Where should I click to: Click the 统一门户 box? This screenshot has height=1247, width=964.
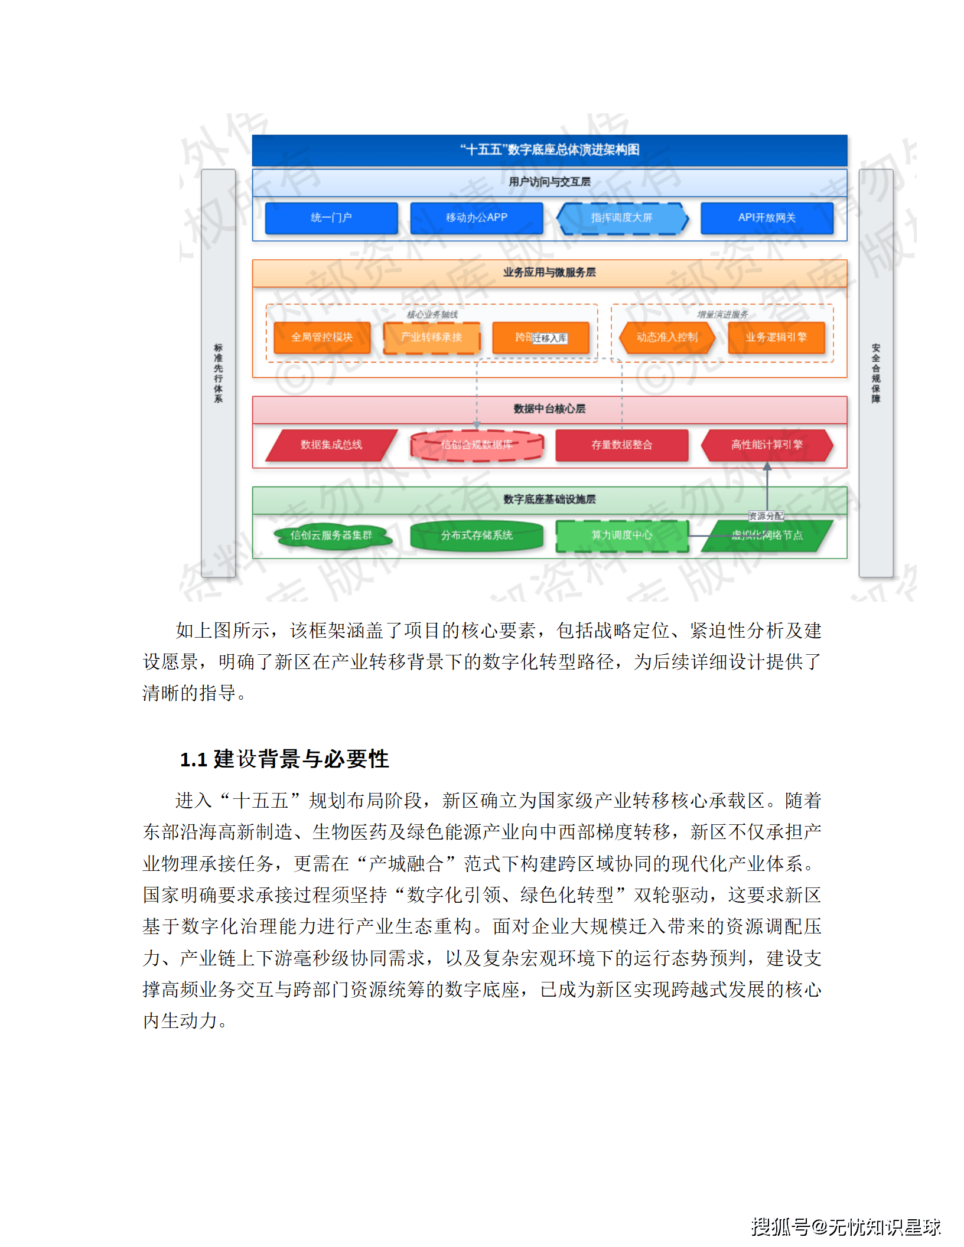click(x=331, y=218)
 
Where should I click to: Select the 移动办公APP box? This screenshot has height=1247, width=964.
click(x=476, y=218)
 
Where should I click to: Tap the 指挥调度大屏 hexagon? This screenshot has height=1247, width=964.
click(x=622, y=218)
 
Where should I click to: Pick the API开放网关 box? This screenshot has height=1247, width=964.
click(x=767, y=218)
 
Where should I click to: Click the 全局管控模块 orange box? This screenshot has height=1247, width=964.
click(x=322, y=337)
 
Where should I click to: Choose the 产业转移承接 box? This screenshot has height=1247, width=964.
click(x=431, y=337)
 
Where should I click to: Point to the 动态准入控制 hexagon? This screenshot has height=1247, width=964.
click(x=667, y=337)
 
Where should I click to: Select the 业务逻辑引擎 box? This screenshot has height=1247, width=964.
click(x=776, y=337)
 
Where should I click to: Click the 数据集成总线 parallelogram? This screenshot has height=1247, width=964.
click(x=331, y=445)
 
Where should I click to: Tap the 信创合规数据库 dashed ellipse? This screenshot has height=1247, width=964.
click(x=476, y=445)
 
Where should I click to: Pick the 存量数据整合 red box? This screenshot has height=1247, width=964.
click(x=621, y=445)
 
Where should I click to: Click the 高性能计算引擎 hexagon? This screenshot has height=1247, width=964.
click(x=767, y=445)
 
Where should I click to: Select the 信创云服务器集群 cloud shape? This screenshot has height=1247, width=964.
click(x=331, y=536)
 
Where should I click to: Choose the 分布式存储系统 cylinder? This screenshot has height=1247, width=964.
click(x=476, y=536)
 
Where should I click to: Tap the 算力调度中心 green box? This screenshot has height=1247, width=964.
click(x=621, y=536)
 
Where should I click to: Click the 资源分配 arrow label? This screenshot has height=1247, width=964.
click(x=766, y=516)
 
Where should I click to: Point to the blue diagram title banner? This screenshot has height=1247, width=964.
click(x=549, y=150)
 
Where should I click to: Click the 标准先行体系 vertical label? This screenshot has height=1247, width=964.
click(x=219, y=373)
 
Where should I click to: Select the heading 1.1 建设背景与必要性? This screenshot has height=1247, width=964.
click(x=284, y=759)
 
